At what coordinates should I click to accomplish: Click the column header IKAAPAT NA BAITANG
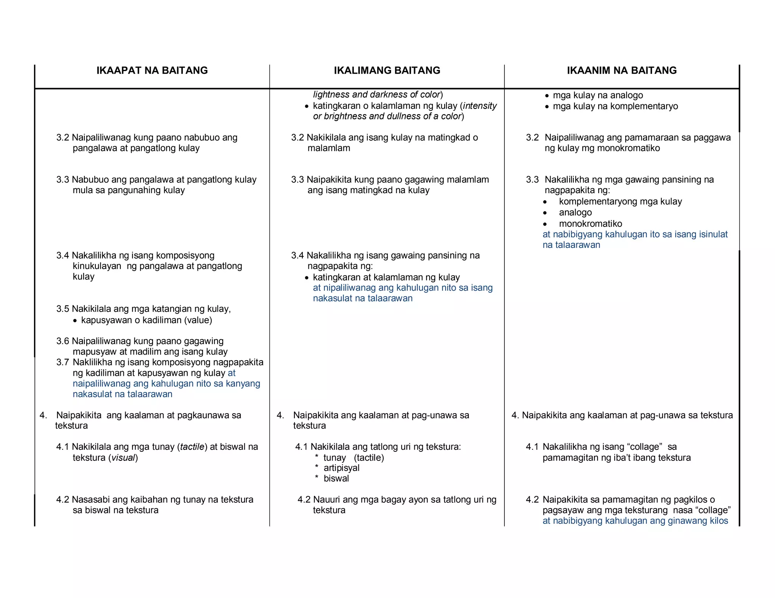(x=152, y=70)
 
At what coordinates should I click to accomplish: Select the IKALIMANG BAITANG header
(x=387, y=70)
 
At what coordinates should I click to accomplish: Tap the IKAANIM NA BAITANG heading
(x=621, y=70)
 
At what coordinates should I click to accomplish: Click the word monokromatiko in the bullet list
(x=590, y=223)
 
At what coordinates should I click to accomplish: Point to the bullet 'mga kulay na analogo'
(x=598, y=95)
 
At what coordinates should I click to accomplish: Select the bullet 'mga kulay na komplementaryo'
(x=615, y=106)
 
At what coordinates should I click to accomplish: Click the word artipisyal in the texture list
(x=341, y=468)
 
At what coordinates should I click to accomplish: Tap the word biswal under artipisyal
(x=336, y=479)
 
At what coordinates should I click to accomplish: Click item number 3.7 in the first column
(x=62, y=362)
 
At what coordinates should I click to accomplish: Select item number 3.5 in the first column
(x=62, y=309)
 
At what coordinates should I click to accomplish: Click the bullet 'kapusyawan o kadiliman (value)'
(x=146, y=320)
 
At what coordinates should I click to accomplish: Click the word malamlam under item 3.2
(x=328, y=148)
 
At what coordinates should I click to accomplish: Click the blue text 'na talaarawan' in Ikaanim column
(x=571, y=245)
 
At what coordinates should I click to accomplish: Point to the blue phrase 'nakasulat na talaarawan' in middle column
(x=362, y=298)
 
